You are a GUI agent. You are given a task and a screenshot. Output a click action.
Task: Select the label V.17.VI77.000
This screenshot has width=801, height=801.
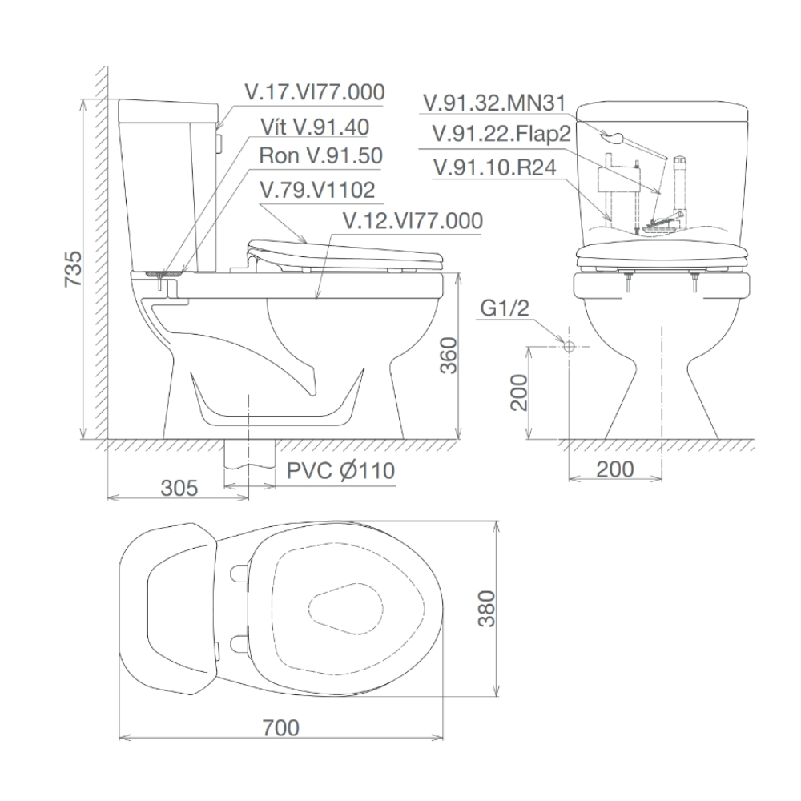click(315, 91)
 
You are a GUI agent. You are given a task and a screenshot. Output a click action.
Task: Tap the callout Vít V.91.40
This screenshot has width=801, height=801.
click(314, 127)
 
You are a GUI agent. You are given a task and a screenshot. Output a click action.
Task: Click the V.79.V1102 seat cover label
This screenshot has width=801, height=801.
click(317, 191)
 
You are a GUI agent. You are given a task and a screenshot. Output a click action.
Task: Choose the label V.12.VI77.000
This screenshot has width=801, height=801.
click(412, 220)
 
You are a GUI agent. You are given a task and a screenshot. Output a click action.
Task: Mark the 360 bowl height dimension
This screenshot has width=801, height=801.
click(448, 356)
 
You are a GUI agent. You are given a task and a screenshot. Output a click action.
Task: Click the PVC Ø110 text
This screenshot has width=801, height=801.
click(340, 470)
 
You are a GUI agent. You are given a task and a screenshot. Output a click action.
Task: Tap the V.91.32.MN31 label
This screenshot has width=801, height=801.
click(495, 103)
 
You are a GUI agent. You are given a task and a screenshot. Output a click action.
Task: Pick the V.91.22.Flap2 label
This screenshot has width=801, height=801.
click(501, 135)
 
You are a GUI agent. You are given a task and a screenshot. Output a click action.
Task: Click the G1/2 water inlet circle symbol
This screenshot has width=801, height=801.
click(568, 347)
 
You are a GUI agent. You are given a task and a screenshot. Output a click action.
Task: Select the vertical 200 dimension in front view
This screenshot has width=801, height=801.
click(519, 392)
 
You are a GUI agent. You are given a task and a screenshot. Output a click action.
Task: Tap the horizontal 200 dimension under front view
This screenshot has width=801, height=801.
click(614, 469)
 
